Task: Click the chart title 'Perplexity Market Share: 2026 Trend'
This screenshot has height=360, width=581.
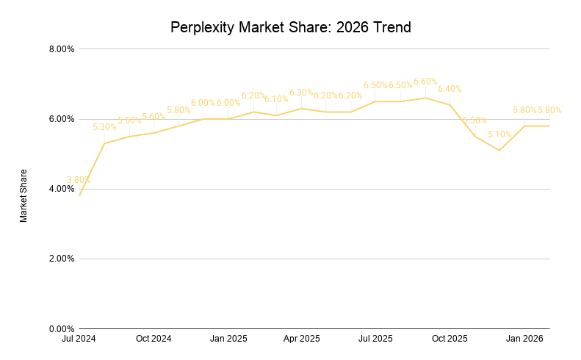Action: pos(290,28)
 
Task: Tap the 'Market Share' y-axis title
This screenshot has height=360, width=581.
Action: pos(24,195)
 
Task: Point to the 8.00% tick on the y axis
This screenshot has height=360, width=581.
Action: pos(62,49)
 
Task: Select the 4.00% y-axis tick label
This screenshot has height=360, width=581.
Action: pos(62,189)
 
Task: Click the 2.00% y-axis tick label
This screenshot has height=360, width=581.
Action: pos(62,259)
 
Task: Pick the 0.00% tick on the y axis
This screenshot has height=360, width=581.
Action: pos(62,328)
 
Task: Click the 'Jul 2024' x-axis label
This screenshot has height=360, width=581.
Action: pos(79,339)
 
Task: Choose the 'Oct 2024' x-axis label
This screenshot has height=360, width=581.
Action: pos(154,339)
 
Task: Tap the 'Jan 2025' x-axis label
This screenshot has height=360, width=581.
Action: pos(228,339)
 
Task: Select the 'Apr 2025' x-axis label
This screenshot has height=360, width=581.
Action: pos(301,339)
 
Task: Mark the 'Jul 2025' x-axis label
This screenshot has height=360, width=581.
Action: pos(375,339)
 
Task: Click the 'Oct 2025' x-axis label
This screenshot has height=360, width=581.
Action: pos(450,339)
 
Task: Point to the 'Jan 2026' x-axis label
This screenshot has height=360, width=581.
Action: pos(524,339)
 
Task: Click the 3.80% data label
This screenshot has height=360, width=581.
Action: pos(79,180)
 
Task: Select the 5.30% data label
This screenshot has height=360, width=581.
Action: pos(104,127)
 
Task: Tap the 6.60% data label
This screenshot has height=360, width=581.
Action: pos(425,82)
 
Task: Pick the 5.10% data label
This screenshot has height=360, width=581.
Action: pos(499,134)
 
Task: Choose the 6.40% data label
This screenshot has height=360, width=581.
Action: pos(450,89)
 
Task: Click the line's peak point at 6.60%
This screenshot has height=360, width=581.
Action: pos(425,98)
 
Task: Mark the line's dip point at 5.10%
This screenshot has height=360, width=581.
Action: pos(499,151)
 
